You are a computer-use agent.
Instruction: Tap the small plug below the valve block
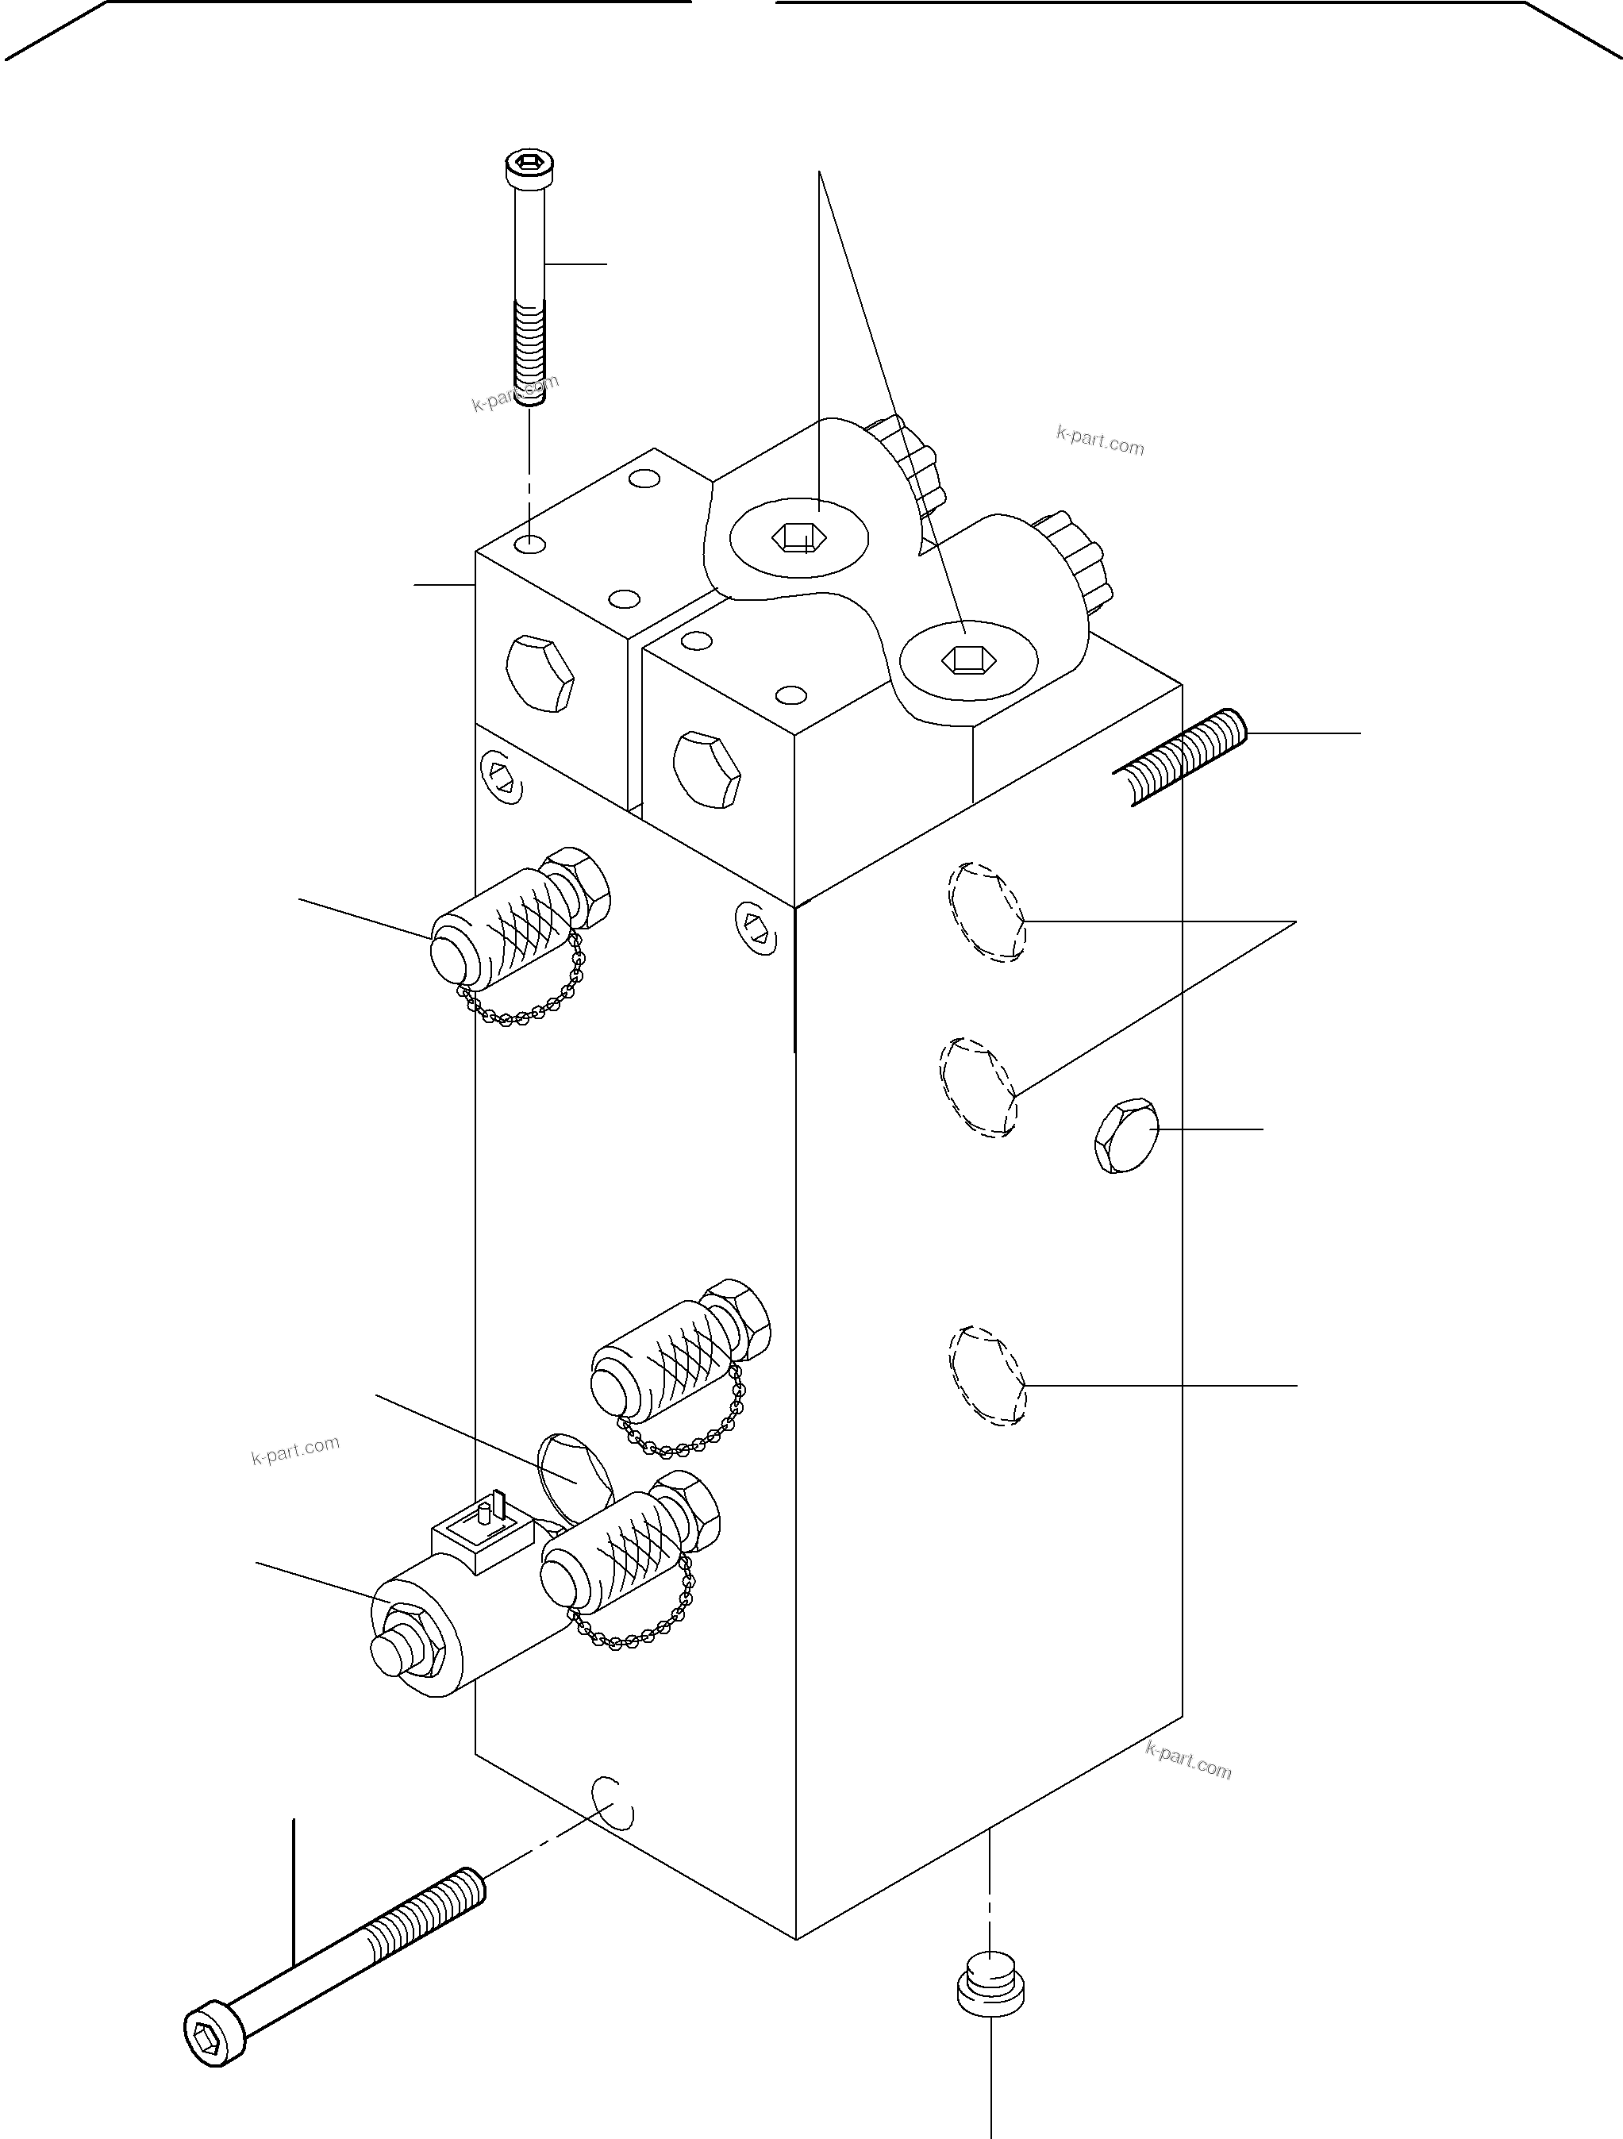990,1983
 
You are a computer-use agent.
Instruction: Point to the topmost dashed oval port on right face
986,912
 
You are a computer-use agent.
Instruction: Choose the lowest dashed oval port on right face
986,1375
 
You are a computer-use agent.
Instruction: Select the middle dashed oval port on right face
978,1087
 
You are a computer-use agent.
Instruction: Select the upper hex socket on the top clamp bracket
799,537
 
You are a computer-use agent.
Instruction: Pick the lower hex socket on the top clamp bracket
966,660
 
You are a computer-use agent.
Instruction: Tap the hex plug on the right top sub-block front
707,770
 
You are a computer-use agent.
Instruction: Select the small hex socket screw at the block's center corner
756,925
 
